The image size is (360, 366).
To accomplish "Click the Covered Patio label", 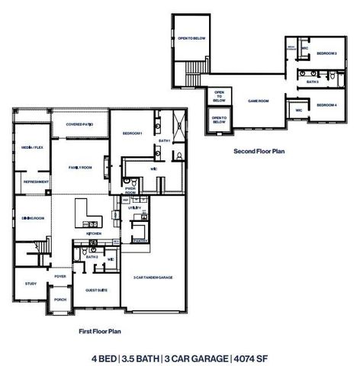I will pyautogui.click(x=79, y=124).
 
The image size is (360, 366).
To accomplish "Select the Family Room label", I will pyautogui.click(x=79, y=167).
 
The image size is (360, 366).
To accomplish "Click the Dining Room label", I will pyautogui.click(x=32, y=218).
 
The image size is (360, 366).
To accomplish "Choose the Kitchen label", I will pyautogui.click(x=93, y=235).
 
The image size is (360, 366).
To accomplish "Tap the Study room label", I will pyautogui.click(x=31, y=284).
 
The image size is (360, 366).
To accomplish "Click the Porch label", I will pyautogui.click(x=59, y=300).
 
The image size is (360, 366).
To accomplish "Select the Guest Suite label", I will pyautogui.click(x=95, y=289).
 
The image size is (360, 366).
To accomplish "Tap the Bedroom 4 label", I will pyautogui.click(x=326, y=105).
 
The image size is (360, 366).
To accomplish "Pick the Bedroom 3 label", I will pyautogui.click(x=326, y=53).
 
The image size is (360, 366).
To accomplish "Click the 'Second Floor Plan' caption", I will pyautogui.click(x=259, y=152).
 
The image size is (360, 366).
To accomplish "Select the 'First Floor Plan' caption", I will pyautogui.click(x=101, y=332).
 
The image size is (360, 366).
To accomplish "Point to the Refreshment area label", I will pyautogui.click(x=36, y=182).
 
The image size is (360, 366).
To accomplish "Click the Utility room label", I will pyautogui.click(x=135, y=207).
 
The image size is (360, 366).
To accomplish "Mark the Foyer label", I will pyautogui.click(x=70, y=276).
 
